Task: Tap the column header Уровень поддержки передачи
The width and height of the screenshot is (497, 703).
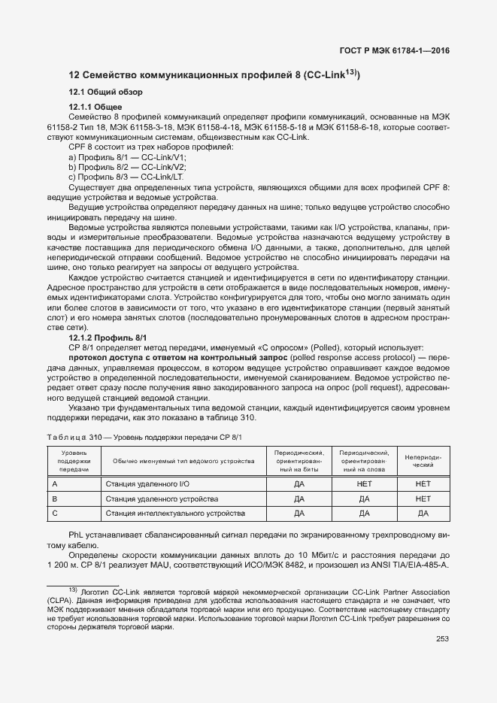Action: pos(74,461)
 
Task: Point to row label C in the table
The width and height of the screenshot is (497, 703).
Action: pos(54,514)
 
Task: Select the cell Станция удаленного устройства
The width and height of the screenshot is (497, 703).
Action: pos(162,498)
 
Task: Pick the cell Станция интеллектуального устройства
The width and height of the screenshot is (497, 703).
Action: pos(175,514)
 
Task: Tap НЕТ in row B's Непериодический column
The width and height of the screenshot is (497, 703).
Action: pos(423,498)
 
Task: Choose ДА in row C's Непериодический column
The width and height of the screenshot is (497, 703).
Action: pos(423,514)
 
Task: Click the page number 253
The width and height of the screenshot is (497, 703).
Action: pos(442,639)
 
